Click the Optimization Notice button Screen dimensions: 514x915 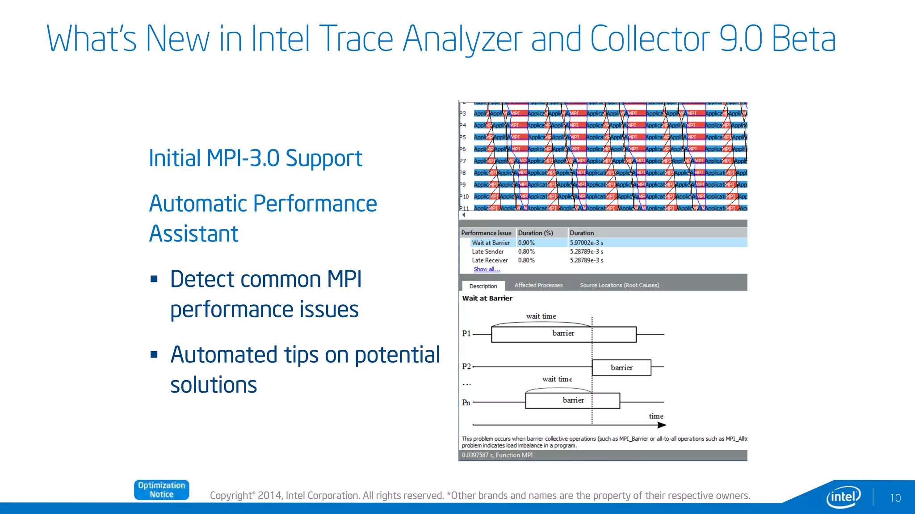pyautogui.click(x=161, y=490)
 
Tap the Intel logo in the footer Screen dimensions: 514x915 pyautogui.click(x=843, y=497)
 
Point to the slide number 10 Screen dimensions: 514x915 pyautogui.click(x=895, y=498)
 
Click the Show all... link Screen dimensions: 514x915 pyautogui.click(x=487, y=269)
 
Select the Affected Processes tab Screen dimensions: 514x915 pyautogui.click(x=538, y=285)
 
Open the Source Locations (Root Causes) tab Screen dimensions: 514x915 pyautogui.click(x=619, y=285)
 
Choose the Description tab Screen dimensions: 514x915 pyautogui.click(x=483, y=286)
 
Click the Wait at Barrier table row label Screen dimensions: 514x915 pyautogui.click(x=491, y=243)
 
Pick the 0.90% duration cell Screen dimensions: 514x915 pyautogui.click(x=526, y=243)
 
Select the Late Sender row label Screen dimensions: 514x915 pyautogui.click(x=487, y=252)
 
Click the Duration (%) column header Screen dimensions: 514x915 pyautogui.click(x=535, y=233)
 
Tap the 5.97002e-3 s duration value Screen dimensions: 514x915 pyautogui.click(x=586, y=243)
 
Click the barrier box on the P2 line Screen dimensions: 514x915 pyautogui.click(x=621, y=368)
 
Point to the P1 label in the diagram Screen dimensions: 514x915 pyautogui.click(x=466, y=333)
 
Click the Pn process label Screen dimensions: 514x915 pyautogui.click(x=466, y=402)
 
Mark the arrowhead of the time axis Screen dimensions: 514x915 pyautogui.click(x=662, y=425)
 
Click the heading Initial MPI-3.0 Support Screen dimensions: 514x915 pyautogui.click(x=255, y=158)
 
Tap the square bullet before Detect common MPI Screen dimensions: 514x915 pyautogui.click(x=154, y=279)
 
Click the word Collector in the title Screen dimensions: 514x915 pyautogui.click(x=650, y=39)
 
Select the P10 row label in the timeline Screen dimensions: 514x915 pyautogui.click(x=465, y=196)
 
